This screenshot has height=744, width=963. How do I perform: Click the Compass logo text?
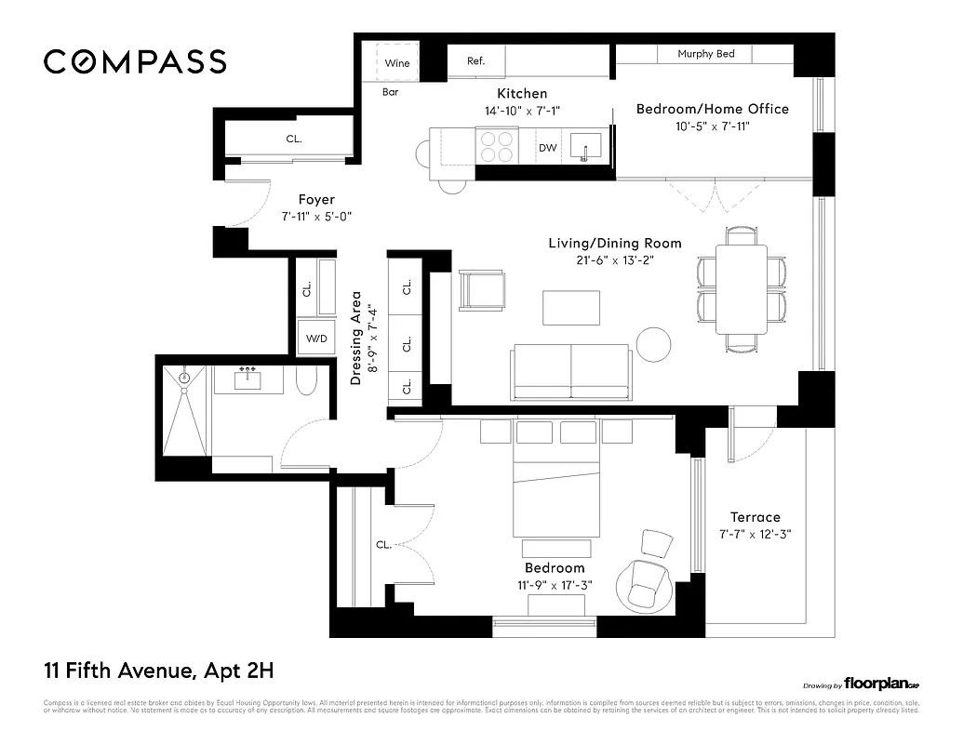pos(135,61)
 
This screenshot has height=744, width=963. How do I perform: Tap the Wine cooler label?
pos(397,63)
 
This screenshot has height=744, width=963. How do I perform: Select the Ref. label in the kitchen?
pos(475,61)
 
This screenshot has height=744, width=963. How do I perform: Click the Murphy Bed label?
pos(706,54)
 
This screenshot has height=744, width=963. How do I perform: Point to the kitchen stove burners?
pos(496,147)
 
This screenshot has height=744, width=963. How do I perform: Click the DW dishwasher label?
pos(547,148)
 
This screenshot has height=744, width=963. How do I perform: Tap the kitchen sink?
pos(585,147)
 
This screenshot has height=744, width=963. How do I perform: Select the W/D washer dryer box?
pos(314,338)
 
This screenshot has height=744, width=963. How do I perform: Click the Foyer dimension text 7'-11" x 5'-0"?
pos(316,216)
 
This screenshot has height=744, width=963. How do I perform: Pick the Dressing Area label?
pos(355,339)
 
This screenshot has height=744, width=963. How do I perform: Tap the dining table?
pos(741,288)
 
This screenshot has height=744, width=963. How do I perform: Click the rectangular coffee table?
pos(571,308)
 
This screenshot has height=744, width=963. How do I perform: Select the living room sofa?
pos(570,372)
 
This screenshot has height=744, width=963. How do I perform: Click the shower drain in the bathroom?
pos(184,378)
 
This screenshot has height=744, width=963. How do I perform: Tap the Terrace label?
pos(755,517)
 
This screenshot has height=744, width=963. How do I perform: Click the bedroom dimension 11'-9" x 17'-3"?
pos(555,585)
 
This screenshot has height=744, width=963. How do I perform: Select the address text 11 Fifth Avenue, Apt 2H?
pos(158,670)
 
